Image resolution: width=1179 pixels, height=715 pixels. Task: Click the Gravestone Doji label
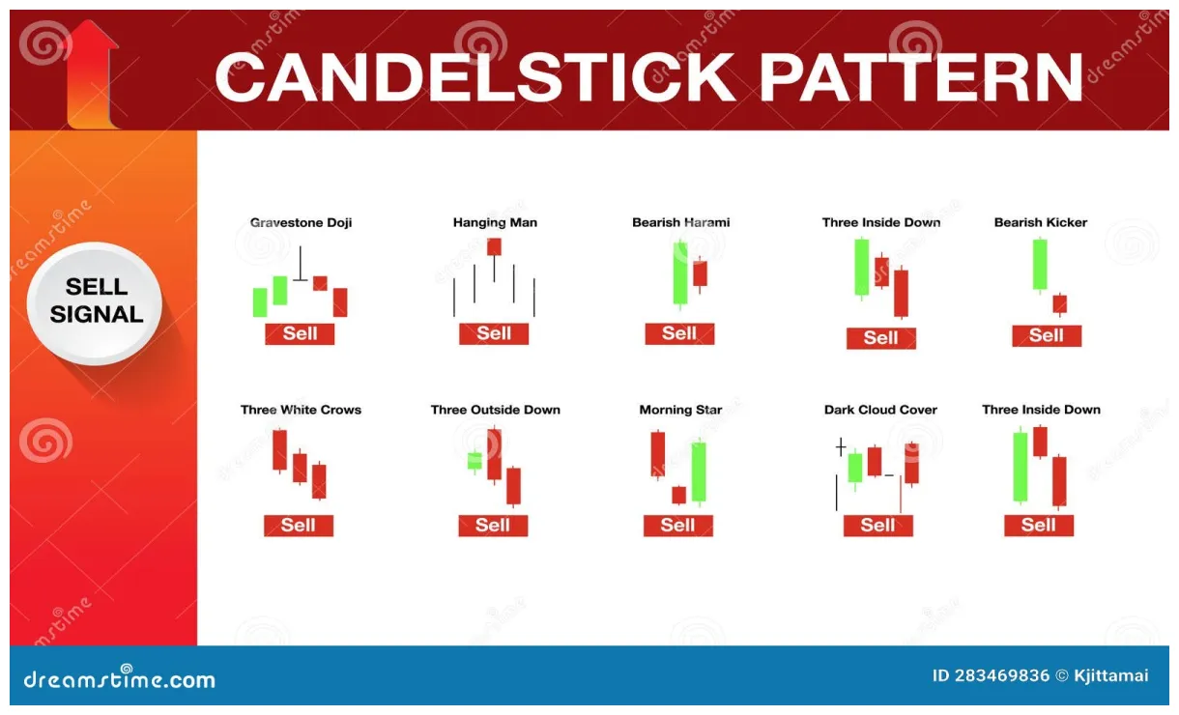tap(301, 222)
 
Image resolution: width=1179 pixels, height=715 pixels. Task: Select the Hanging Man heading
tap(495, 222)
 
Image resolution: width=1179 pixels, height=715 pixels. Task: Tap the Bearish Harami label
tap(680, 222)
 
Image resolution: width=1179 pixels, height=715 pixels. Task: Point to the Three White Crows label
tap(301, 410)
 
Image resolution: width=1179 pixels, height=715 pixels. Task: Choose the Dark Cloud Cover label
tap(880, 410)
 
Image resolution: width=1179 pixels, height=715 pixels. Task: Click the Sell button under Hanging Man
tap(494, 333)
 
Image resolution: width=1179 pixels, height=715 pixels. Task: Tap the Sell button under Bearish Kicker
tap(1047, 335)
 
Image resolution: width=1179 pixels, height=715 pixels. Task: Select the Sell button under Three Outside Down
tap(493, 526)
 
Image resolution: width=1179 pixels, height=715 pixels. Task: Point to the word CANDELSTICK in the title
tap(474, 77)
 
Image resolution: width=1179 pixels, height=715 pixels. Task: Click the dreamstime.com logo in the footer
tap(119, 678)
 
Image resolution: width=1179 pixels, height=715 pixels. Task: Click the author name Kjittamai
tap(1111, 675)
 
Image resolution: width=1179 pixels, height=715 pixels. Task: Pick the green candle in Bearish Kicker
tap(1039, 264)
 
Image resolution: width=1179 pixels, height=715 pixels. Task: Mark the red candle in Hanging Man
tap(494, 246)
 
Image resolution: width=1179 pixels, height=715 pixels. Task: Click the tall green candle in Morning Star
tap(699, 472)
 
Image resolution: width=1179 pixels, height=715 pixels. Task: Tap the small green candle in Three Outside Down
tap(474, 461)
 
